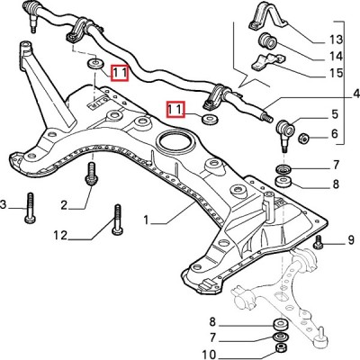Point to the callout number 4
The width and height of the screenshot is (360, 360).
pos(356,94)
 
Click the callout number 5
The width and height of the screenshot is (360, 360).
pos(335,114)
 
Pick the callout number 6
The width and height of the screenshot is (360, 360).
pos(335,133)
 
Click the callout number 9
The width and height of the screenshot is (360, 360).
pos(351,240)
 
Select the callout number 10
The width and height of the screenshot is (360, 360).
pos(209,355)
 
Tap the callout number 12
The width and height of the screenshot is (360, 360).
pos(60,236)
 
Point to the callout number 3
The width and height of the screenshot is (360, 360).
pos(3,205)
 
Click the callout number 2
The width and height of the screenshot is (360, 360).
pos(64,205)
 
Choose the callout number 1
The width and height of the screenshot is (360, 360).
pos(146,220)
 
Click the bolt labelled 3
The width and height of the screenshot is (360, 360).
pos(31,208)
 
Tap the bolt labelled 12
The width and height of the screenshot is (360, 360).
pos(117,220)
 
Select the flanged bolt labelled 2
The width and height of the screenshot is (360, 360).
pos(91,174)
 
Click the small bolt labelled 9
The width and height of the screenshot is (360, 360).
pos(318,242)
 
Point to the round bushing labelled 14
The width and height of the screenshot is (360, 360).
pos(268,41)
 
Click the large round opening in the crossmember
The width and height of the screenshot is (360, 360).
pos(175,140)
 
